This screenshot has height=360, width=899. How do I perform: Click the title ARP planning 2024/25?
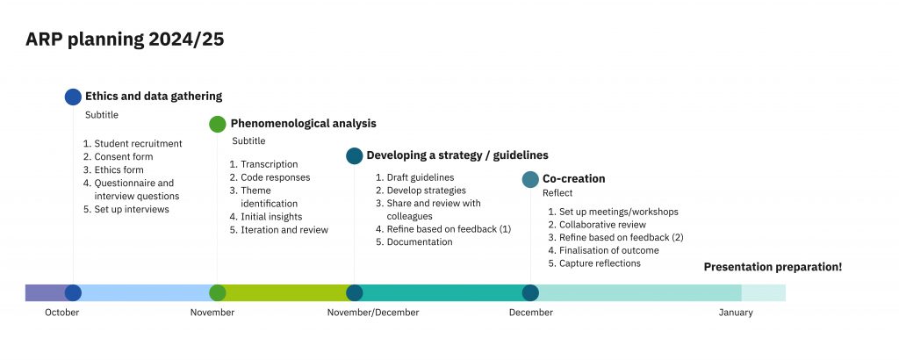coord(125,40)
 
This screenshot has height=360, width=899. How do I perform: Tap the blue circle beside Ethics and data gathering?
coord(74,97)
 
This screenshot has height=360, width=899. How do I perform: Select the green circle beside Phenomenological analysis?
coord(218,124)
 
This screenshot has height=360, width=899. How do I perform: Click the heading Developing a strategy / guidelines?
coord(457,155)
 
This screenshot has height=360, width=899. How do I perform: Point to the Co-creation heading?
coord(574,179)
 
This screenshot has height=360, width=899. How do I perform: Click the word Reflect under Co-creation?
coord(557,193)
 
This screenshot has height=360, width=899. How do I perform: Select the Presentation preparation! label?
coord(773,267)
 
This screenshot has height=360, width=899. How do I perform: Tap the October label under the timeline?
coord(62,313)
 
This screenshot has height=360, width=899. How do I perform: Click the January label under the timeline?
coord(736,313)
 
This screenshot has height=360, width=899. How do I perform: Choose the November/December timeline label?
coord(373,313)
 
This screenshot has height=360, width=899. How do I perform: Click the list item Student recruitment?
coord(138,143)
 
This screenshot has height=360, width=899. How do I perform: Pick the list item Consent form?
coord(124,156)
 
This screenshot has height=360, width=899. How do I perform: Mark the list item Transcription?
coord(270,164)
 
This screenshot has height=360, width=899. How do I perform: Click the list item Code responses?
coord(275,177)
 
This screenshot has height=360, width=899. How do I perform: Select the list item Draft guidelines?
coord(421,177)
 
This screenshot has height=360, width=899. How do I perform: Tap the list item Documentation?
coord(420,242)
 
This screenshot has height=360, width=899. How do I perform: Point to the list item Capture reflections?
coord(600,263)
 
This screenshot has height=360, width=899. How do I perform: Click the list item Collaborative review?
coord(602,225)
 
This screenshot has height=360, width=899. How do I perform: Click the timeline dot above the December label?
coord(530,293)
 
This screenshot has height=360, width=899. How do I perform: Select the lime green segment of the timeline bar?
coord(285,293)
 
